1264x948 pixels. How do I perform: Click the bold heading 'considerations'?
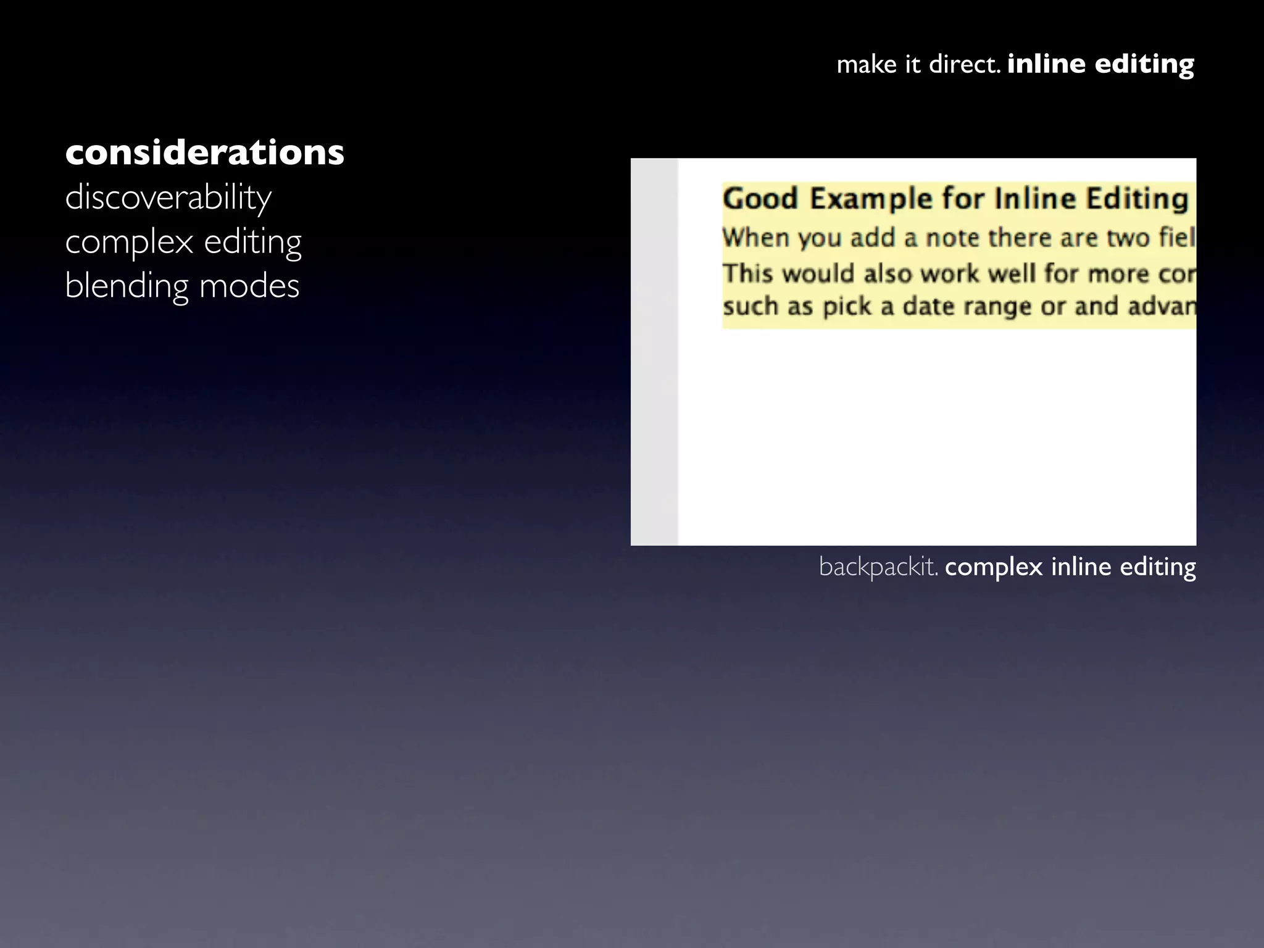(x=204, y=152)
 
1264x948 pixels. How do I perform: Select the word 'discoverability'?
(x=168, y=197)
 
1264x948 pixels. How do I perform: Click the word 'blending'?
(x=127, y=286)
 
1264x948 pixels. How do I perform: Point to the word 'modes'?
(x=249, y=286)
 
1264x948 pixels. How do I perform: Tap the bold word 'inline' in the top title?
(x=1046, y=64)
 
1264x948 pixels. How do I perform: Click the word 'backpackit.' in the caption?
(x=878, y=567)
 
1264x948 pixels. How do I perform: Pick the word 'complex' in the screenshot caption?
(x=994, y=567)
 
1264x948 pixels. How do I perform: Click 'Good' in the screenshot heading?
(x=760, y=199)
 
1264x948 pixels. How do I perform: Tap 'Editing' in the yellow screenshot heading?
(x=1137, y=199)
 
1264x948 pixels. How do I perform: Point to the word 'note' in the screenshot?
(x=953, y=238)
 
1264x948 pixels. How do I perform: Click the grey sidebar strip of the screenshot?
(x=654, y=352)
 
